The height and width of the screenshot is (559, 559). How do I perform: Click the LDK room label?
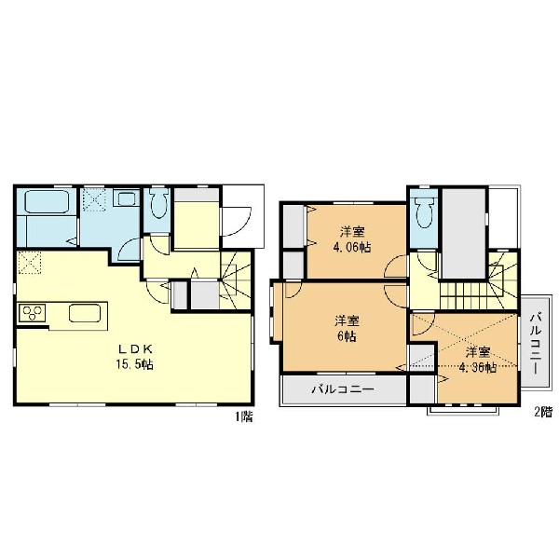135,348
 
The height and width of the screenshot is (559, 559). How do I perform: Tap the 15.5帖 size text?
134,364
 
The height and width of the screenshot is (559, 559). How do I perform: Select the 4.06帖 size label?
352,247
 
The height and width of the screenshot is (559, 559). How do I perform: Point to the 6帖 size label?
347,336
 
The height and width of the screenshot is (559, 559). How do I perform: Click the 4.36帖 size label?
477,367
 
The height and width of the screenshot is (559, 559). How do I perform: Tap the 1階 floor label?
243,416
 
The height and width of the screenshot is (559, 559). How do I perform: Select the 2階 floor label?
543,412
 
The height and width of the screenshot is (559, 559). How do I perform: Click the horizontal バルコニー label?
343,389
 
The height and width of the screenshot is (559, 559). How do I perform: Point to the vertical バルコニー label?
536,343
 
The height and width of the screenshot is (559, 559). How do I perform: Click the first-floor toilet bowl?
159,203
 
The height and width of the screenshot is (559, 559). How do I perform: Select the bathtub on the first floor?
47,202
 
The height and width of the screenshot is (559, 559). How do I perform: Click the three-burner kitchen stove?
32,313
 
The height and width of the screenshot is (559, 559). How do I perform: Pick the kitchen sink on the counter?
85,313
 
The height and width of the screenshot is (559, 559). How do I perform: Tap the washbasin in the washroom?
126,198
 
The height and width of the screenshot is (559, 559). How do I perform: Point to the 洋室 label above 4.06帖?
352,232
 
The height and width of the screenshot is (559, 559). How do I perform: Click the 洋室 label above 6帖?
347,320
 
